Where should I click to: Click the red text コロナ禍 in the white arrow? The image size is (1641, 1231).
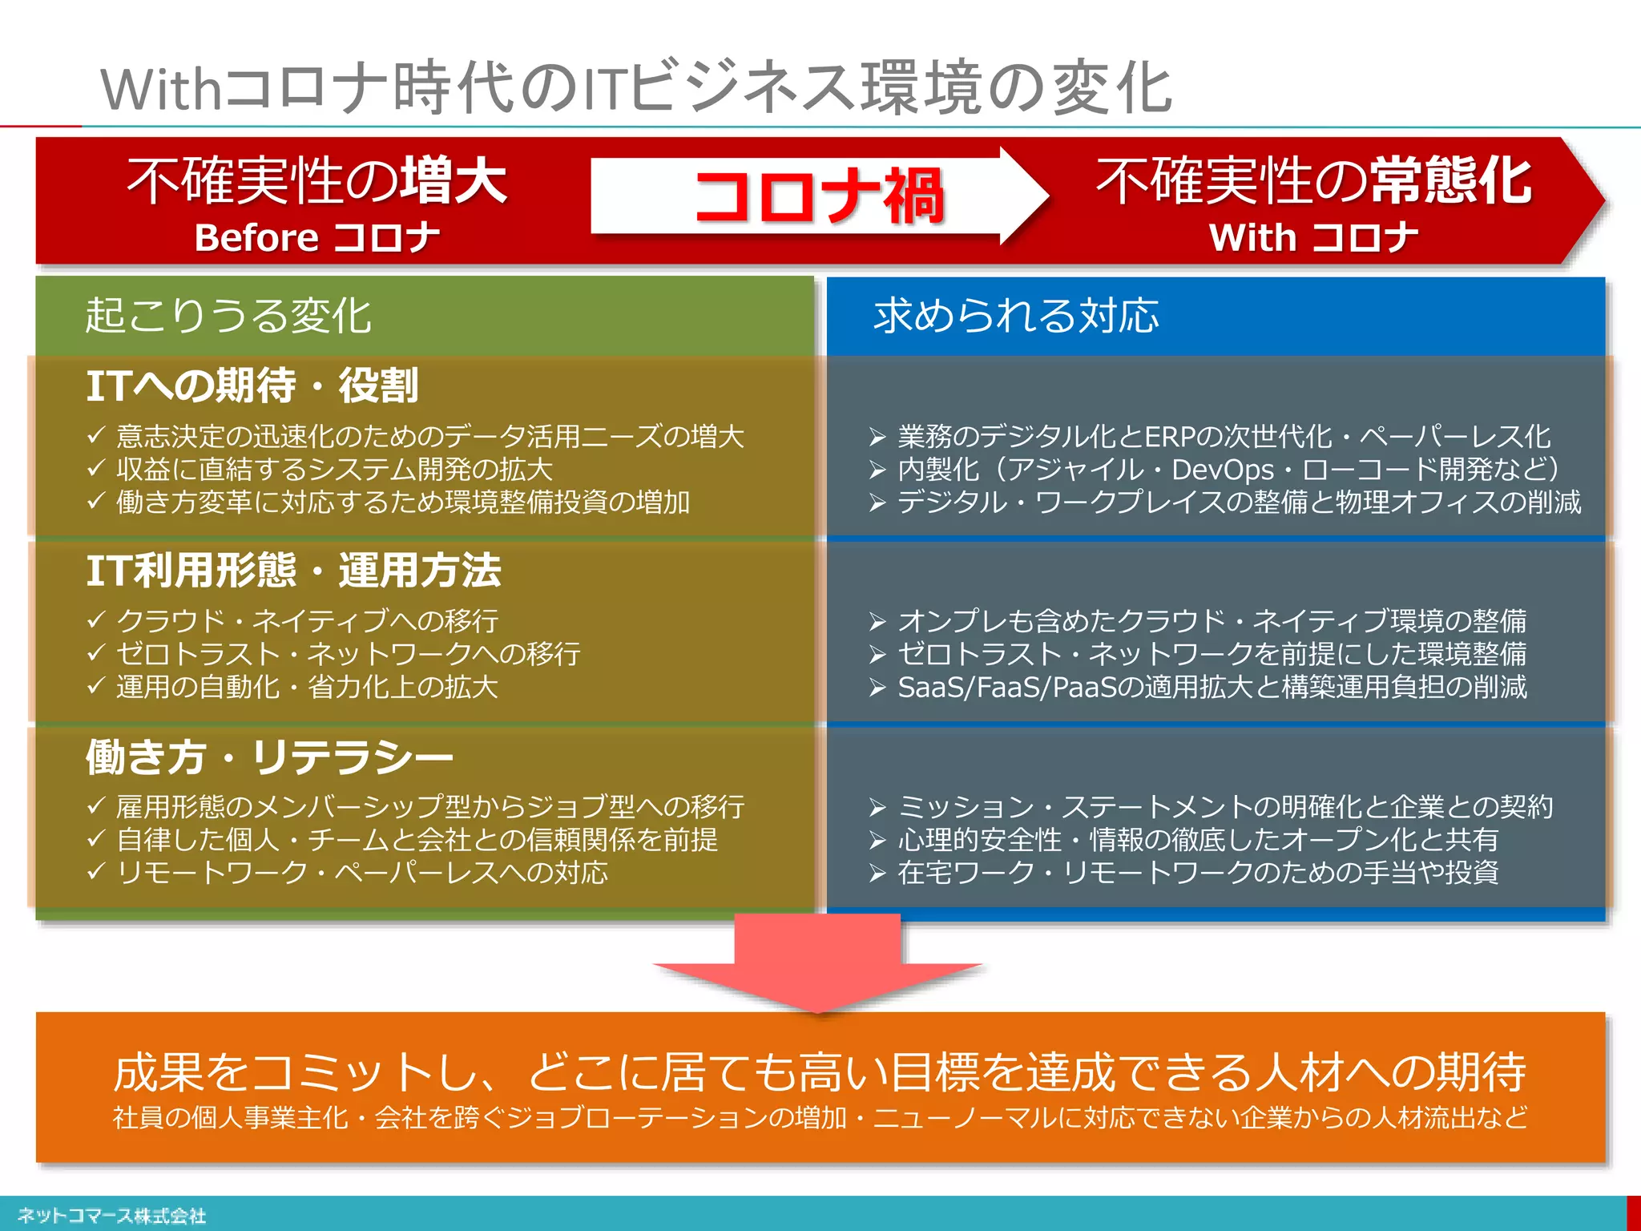(819, 196)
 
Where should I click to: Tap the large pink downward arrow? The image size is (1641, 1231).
(817, 962)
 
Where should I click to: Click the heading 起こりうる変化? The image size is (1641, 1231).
(228, 315)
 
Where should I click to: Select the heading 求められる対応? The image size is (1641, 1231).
(1016, 315)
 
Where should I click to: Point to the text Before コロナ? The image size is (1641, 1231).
(317, 238)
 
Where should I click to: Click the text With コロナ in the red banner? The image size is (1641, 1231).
(1313, 238)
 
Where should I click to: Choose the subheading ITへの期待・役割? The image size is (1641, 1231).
(252, 385)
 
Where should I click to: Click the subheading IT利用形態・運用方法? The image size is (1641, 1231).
(293, 571)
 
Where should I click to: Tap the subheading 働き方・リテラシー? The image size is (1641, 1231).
(269, 757)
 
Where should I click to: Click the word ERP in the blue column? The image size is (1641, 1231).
(1171, 437)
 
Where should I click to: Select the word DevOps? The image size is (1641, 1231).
(1223, 470)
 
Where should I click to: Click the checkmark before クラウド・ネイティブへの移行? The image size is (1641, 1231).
(96, 620)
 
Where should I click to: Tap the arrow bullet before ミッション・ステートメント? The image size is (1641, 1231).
(877, 807)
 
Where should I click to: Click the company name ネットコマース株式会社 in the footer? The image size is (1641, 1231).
(111, 1216)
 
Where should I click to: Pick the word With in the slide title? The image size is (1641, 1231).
(160, 89)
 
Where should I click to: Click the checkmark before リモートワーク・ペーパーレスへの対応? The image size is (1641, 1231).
(96, 871)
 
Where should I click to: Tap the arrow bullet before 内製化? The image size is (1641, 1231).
(877, 470)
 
